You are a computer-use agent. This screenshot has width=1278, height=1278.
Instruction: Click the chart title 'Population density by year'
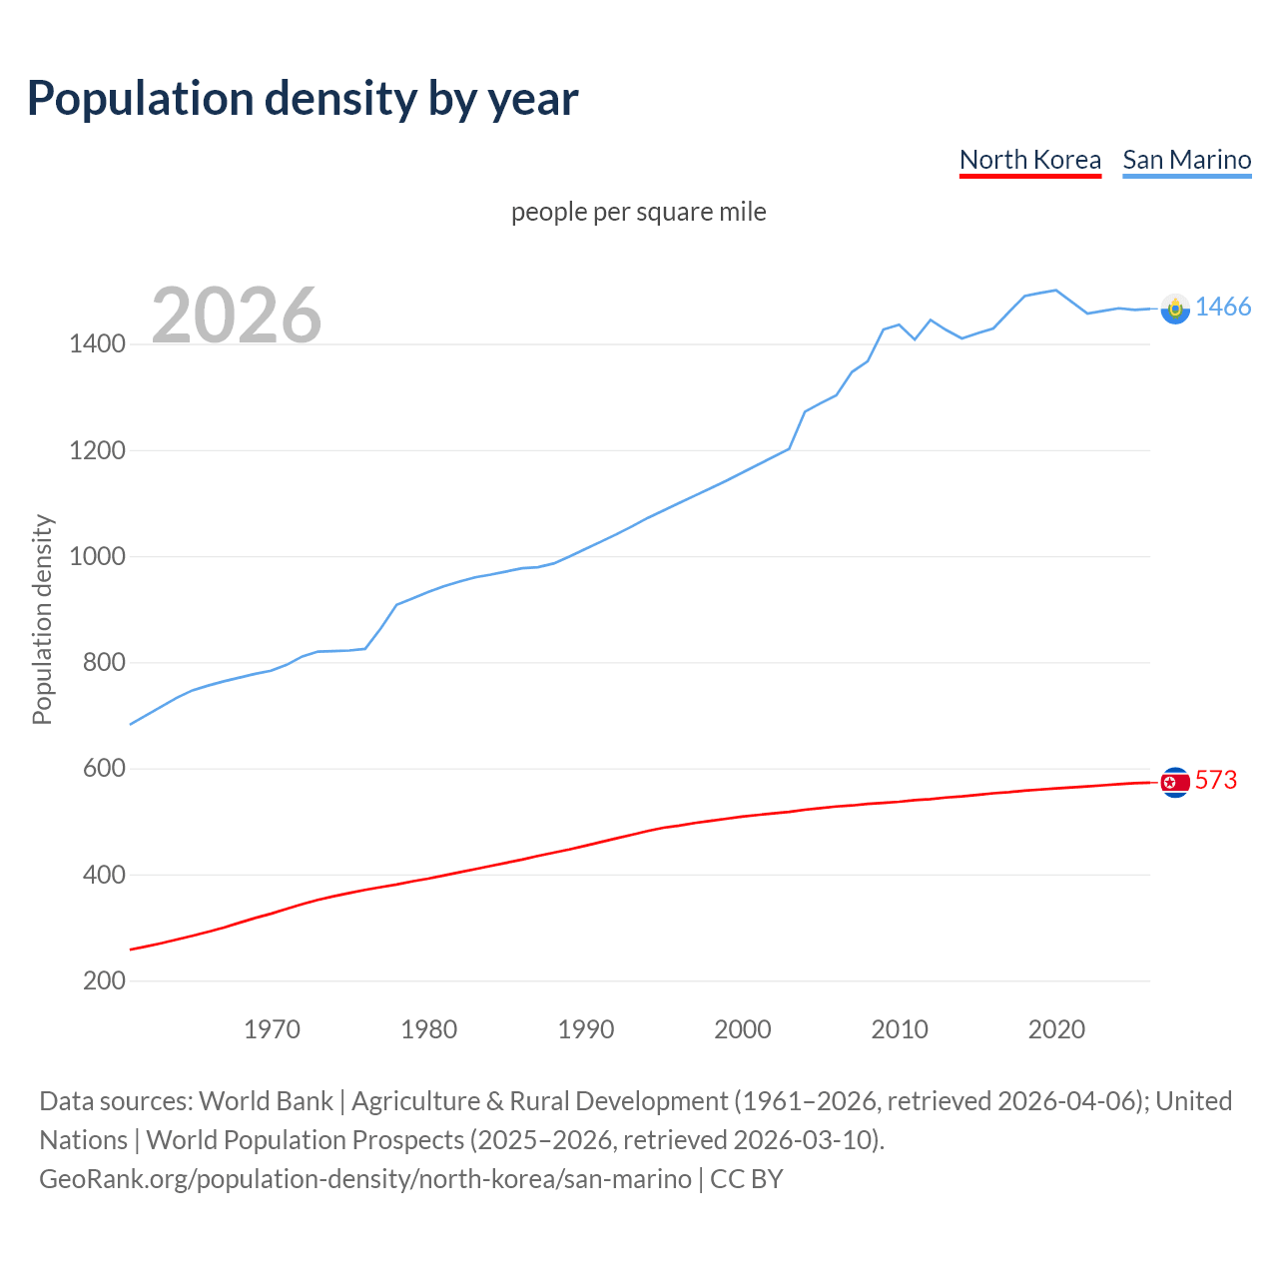pyautogui.click(x=303, y=98)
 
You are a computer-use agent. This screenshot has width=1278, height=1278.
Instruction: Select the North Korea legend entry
pyautogui.click(x=1029, y=160)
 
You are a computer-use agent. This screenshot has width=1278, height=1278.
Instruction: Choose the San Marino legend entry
pyautogui.click(x=1186, y=160)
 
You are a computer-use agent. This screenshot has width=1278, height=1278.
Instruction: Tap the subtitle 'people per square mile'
pyautogui.click(x=638, y=212)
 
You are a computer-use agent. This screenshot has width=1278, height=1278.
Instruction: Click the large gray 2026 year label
pyautogui.click(x=237, y=316)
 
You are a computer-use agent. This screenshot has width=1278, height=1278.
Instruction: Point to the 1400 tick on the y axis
pyautogui.click(x=97, y=344)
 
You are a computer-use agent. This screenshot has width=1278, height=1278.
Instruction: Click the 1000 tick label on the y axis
pyautogui.click(x=97, y=556)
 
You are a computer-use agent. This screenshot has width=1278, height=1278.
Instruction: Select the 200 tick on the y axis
pyautogui.click(x=104, y=980)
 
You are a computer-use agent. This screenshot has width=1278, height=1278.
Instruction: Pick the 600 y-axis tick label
pyautogui.click(x=104, y=769)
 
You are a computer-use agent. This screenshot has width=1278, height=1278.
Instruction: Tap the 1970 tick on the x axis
pyautogui.click(x=272, y=1029)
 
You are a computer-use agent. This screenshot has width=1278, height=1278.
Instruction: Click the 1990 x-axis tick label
pyautogui.click(x=586, y=1029)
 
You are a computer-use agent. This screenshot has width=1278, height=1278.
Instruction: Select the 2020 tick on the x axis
pyautogui.click(x=1056, y=1029)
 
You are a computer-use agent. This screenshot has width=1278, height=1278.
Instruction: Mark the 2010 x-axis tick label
pyautogui.click(x=900, y=1029)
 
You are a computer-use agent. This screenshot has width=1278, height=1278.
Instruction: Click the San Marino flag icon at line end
pyautogui.click(x=1175, y=309)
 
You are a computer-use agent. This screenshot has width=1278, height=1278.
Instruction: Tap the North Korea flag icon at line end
pyautogui.click(x=1175, y=782)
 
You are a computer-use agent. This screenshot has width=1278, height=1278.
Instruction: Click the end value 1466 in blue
pyautogui.click(x=1222, y=307)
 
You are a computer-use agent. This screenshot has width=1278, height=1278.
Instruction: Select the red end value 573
pyautogui.click(x=1215, y=780)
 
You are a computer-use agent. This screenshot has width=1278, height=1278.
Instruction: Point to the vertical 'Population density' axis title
pyautogui.click(x=42, y=619)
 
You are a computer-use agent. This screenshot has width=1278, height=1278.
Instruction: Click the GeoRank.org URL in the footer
pyautogui.click(x=364, y=1179)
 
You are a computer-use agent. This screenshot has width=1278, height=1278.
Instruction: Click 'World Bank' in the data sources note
pyautogui.click(x=266, y=1101)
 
